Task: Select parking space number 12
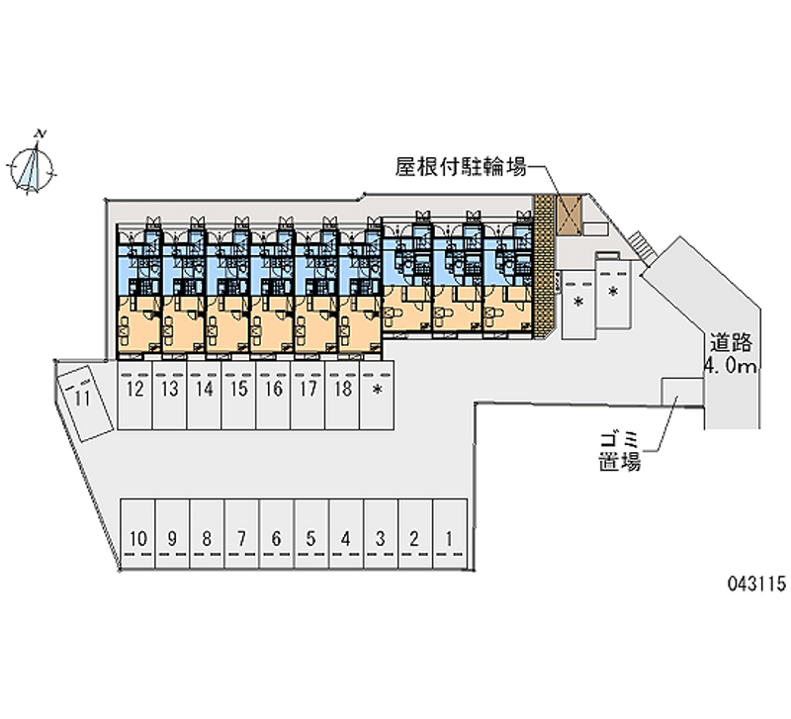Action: [135, 390]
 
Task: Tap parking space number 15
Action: [239, 390]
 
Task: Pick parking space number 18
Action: [342, 390]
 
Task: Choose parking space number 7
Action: [241, 539]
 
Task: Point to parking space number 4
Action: [345, 539]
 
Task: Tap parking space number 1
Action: [449, 539]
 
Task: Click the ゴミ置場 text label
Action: [620, 450]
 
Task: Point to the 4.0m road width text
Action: [730, 369]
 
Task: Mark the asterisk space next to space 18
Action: [378, 391]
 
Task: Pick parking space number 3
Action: [380, 539]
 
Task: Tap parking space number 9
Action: [172, 539]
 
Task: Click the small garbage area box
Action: [681, 399]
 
